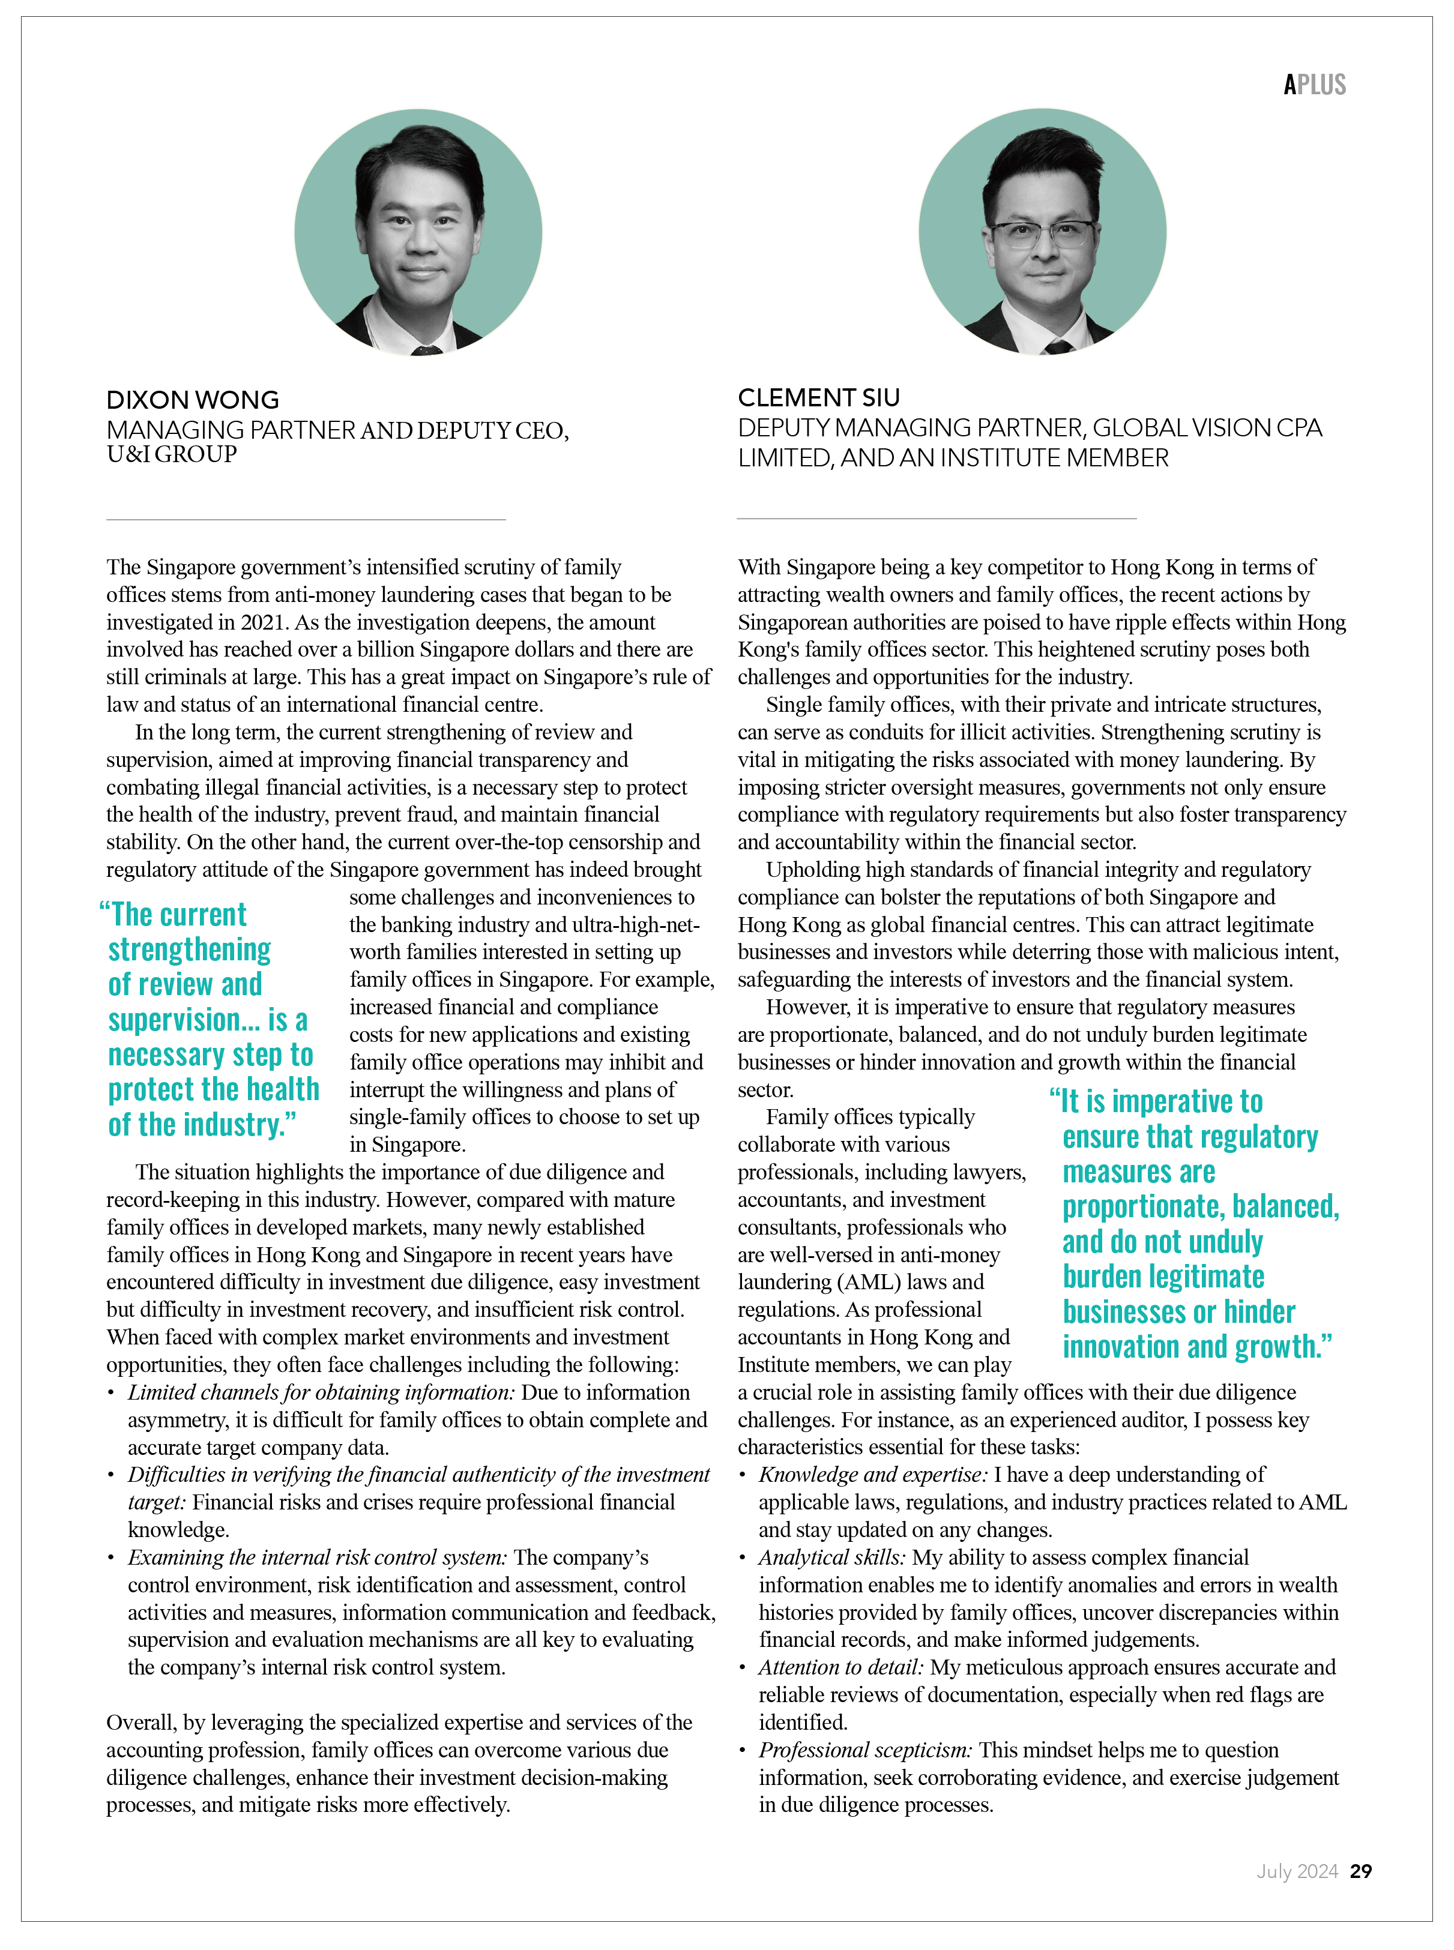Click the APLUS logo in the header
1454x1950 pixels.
(1314, 85)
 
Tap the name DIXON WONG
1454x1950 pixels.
(193, 400)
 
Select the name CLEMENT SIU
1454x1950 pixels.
(818, 398)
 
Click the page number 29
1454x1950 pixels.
(1361, 1872)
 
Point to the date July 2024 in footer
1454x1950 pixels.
(1297, 1872)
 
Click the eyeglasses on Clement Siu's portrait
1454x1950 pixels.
(1044, 235)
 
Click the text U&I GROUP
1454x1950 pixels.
(172, 455)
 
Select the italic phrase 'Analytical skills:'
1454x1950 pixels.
(831, 1557)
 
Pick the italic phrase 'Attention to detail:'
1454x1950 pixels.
(840, 1667)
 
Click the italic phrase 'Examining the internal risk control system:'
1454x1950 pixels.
(318, 1557)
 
